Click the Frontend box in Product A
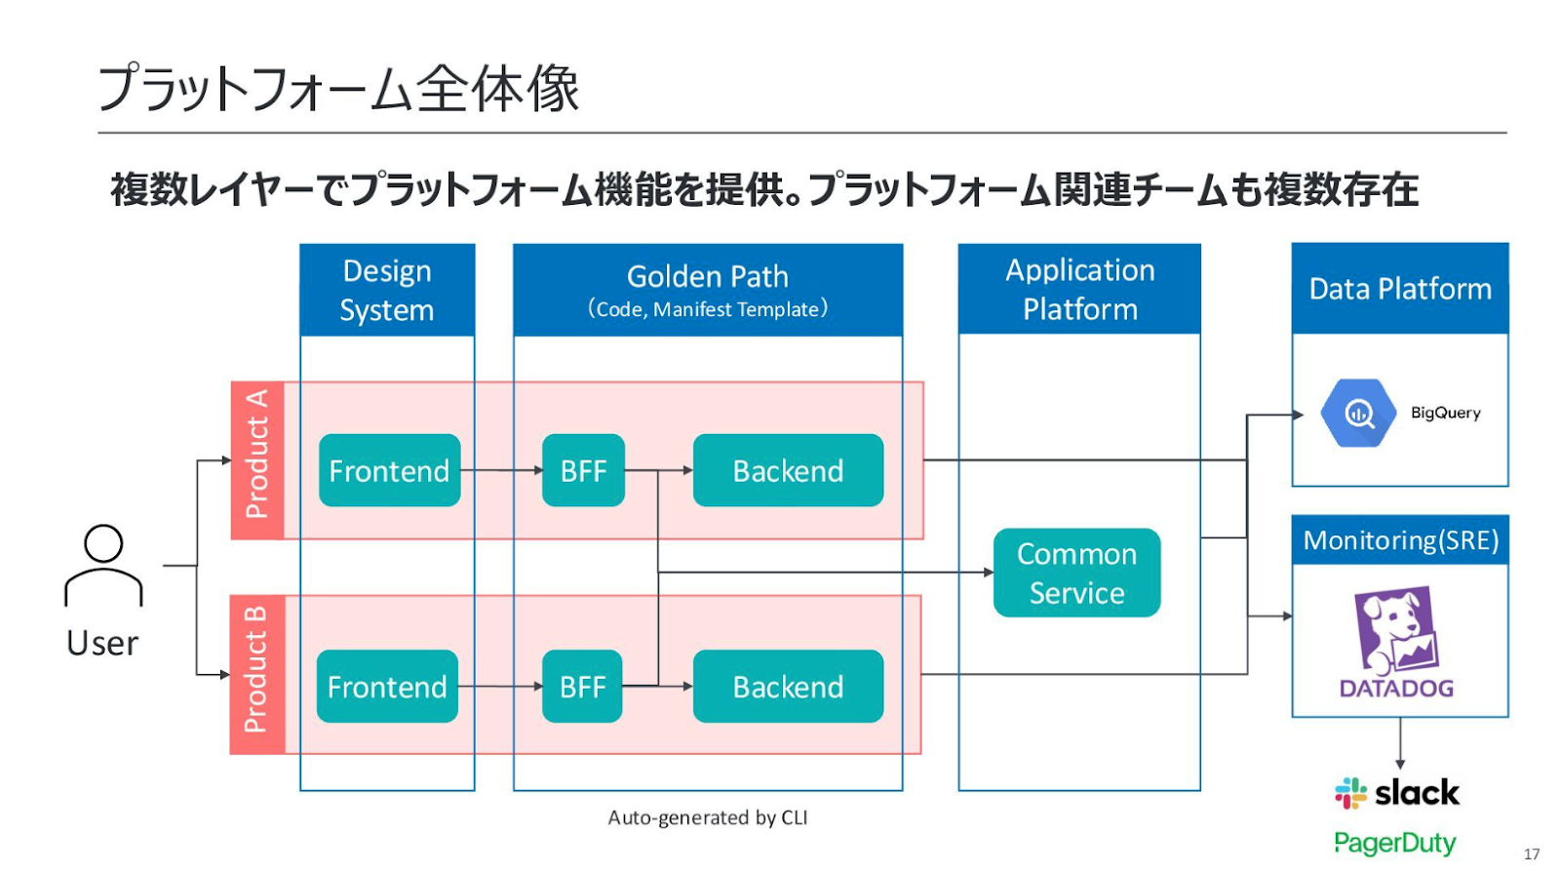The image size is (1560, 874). point(389,470)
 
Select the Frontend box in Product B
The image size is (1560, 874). point(387,687)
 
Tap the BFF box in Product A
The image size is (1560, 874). point(584,470)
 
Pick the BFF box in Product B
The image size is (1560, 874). point(582,687)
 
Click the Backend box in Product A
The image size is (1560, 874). point(789,470)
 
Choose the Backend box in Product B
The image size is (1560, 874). point(789,687)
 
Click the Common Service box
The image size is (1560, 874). point(1076,573)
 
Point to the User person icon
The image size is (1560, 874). point(103,565)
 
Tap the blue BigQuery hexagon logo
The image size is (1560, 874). point(1358,414)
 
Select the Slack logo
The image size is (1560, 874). point(1396,793)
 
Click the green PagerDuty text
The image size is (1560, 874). point(1395,843)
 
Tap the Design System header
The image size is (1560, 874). point(387,290)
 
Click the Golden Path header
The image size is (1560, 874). point(708,290)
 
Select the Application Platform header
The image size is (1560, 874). point(1079,290)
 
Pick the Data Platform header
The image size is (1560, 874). point(1400,289)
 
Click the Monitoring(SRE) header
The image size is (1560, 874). point(1400,540)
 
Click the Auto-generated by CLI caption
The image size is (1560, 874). point(708,817)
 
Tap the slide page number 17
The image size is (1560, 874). point(1532,854)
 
